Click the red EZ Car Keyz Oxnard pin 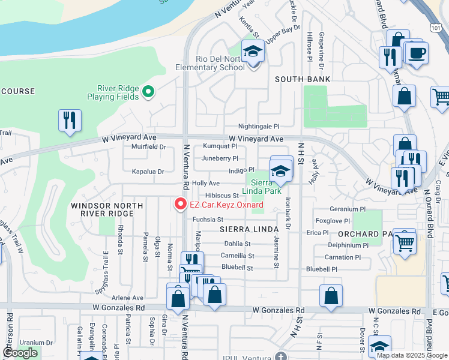(179, 205)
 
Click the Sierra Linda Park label (261, 187)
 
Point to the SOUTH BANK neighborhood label (303, 79)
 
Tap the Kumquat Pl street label (220, 146)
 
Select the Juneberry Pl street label (220, 158)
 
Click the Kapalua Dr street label (148, 172)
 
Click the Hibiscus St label (222, 196)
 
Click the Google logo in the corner (19, 353)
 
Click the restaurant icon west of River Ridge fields (70, 121)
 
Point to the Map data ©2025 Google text (411, 355)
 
